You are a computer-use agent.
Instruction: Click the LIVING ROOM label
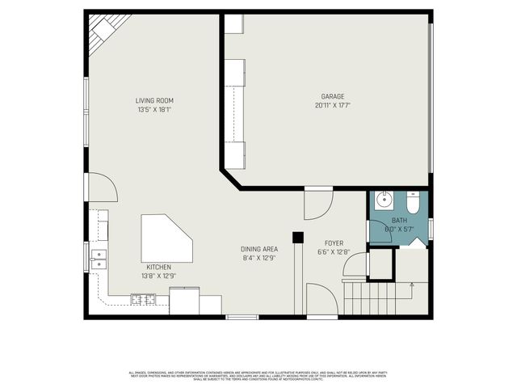(x=154, y=100)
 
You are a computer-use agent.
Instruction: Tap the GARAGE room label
(x=334, y=97)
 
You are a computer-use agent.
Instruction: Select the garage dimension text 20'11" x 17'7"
(x=334, y=106)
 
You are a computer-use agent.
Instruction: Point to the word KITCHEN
(x=158, y=267)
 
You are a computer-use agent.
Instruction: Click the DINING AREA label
(x=259, y=249)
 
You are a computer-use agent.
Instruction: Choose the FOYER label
(x=334, y=242)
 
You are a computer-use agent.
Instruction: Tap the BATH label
(x=400, y=221)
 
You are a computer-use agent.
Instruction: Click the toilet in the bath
(x=413, y=203)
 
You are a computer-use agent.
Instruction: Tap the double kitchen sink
(x=99, y=259)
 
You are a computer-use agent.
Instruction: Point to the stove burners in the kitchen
(x=144, y=301)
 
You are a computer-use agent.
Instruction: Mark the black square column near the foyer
(x=297, y=238)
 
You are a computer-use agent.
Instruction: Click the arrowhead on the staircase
(x=413, y=284)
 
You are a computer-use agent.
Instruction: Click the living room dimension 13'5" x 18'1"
(x=154, y=109)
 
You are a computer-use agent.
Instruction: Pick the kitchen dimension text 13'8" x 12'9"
(x=158, y=276)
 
